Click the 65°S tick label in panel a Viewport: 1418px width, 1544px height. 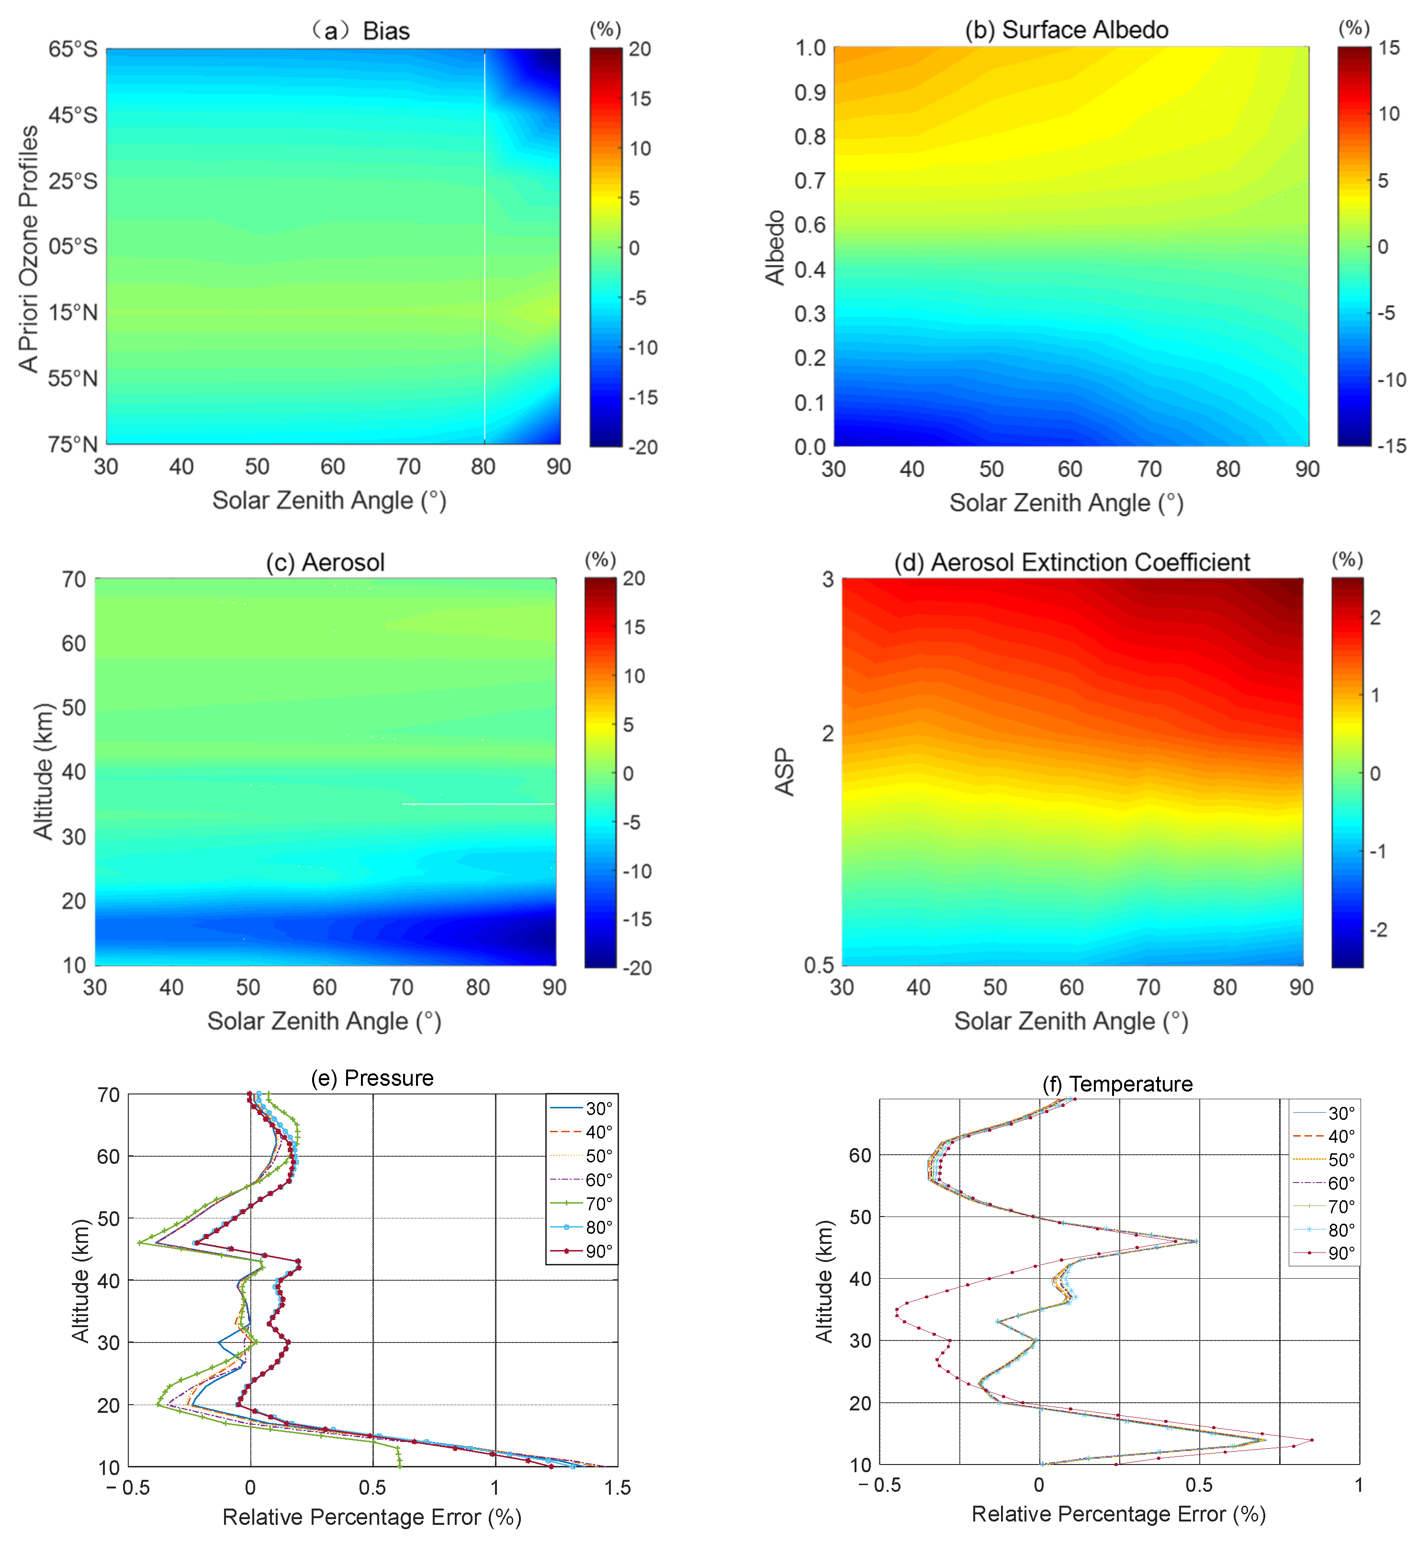coord(73,49)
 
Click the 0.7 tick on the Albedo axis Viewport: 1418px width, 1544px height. coord(810,181)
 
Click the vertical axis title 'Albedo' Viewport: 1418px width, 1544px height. coord(776,247)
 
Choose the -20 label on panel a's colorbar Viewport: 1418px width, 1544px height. coord(642,447)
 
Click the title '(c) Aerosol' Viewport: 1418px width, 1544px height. coord(326,563)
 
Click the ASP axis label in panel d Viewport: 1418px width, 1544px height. coord(784,771)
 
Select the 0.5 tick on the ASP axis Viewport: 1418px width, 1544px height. coord(818,965)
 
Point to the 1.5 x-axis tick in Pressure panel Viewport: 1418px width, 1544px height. coord(617,1487)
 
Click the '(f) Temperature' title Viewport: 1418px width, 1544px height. coord(1117,1083)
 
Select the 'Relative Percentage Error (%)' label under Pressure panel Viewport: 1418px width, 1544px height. coord(371,1517)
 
